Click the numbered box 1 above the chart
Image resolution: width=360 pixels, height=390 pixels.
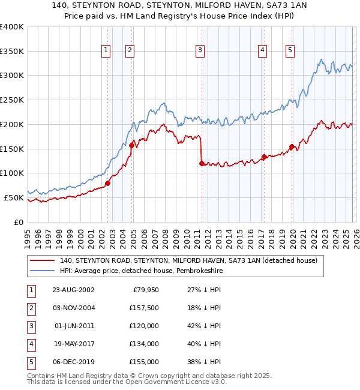[x=106, y=51]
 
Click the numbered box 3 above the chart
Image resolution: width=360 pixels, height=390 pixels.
[x=199, y=51]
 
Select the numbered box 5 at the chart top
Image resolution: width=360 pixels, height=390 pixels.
[x=290, y=51]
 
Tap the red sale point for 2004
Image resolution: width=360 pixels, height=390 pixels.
[x=131, y=145]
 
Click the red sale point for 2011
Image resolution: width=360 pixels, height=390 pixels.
[x=202, y=163]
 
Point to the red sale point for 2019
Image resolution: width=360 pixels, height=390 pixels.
[x=292, y=146]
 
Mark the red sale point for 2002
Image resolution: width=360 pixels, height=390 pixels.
[x=108, y=183]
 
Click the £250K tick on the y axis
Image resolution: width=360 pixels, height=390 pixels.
[x=12, y=100]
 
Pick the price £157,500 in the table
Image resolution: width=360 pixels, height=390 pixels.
[x=143, y=308]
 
